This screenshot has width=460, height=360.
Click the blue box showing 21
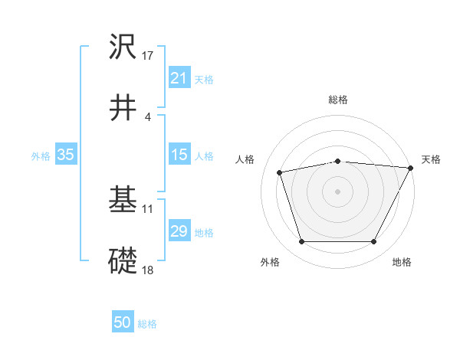pos(179,77)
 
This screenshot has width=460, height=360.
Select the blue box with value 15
pos(179,155)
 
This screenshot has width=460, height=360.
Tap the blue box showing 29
pos(179,231)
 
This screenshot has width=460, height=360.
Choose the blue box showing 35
pos(66,155)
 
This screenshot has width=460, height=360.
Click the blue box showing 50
pos(123,322)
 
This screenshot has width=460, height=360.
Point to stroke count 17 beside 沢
pos(148,56)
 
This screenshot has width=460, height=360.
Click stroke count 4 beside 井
pos(147,116)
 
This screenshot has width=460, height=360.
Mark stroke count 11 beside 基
pos(148,208)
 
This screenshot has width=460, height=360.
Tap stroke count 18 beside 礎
pos(148,270)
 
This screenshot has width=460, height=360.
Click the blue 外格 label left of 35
pos(41,155)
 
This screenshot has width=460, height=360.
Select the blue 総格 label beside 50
pos(147,324)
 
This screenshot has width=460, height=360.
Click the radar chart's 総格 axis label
pos(338,100)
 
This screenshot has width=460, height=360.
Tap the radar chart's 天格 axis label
pos(431,159)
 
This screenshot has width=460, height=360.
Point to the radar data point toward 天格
pos(411,168)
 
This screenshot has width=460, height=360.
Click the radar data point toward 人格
pos(280,172)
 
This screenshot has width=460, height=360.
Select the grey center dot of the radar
pos(337,191)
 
